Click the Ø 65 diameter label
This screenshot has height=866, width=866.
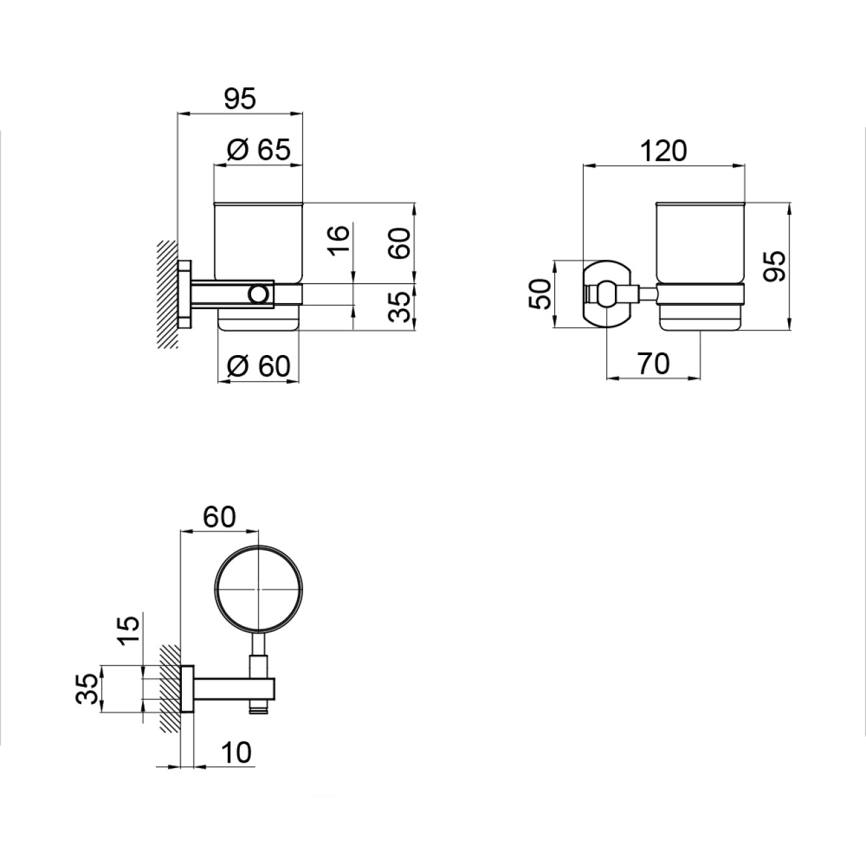pos(259,150)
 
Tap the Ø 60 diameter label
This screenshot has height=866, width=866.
pos(259,366)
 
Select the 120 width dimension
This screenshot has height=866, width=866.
pos(663,151)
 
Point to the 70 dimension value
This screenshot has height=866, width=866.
pos(653,363)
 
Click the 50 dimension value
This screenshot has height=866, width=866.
pos(540,294)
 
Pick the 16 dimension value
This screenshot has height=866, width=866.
pos(338,240)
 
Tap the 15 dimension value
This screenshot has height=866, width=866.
pos(129,630)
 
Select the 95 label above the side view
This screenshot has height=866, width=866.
pos(240,99)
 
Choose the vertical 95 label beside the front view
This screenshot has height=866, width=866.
pos(774,266)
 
